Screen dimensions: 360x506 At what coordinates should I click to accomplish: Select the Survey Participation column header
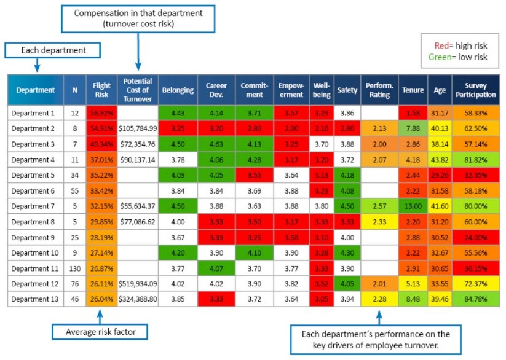[x=475, y=90]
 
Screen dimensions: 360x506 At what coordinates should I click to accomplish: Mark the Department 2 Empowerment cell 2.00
[x=291, y=130]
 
